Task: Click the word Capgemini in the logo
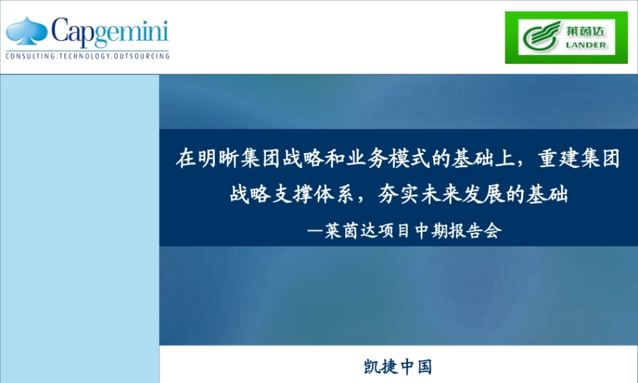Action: (x=109, y=33)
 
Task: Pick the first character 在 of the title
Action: (x=185, y=158)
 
